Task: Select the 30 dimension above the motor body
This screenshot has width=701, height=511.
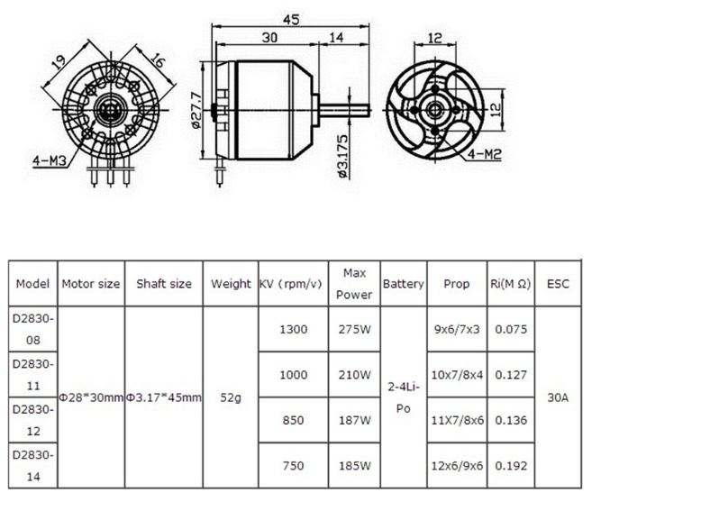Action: click(269, 38)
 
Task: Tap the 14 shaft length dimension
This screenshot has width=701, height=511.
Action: click(336, 38)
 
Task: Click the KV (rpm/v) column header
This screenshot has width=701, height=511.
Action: click(290, 284)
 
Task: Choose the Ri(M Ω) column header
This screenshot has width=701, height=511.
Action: click(510, 284)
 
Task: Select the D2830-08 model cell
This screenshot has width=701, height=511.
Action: click(33, 329)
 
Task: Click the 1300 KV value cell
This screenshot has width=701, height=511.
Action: click(293, 329)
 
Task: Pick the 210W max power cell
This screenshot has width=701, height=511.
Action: click(352, 374)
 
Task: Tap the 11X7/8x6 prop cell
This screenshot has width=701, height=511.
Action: click(457, 420)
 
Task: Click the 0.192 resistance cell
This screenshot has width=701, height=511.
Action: click(510, 466)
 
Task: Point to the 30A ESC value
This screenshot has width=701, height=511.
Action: click(558, 397)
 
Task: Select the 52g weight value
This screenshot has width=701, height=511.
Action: click(231, 397)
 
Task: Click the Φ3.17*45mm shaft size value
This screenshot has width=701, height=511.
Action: click(164, 397)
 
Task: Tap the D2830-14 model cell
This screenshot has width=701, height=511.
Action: click(33, 466)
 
